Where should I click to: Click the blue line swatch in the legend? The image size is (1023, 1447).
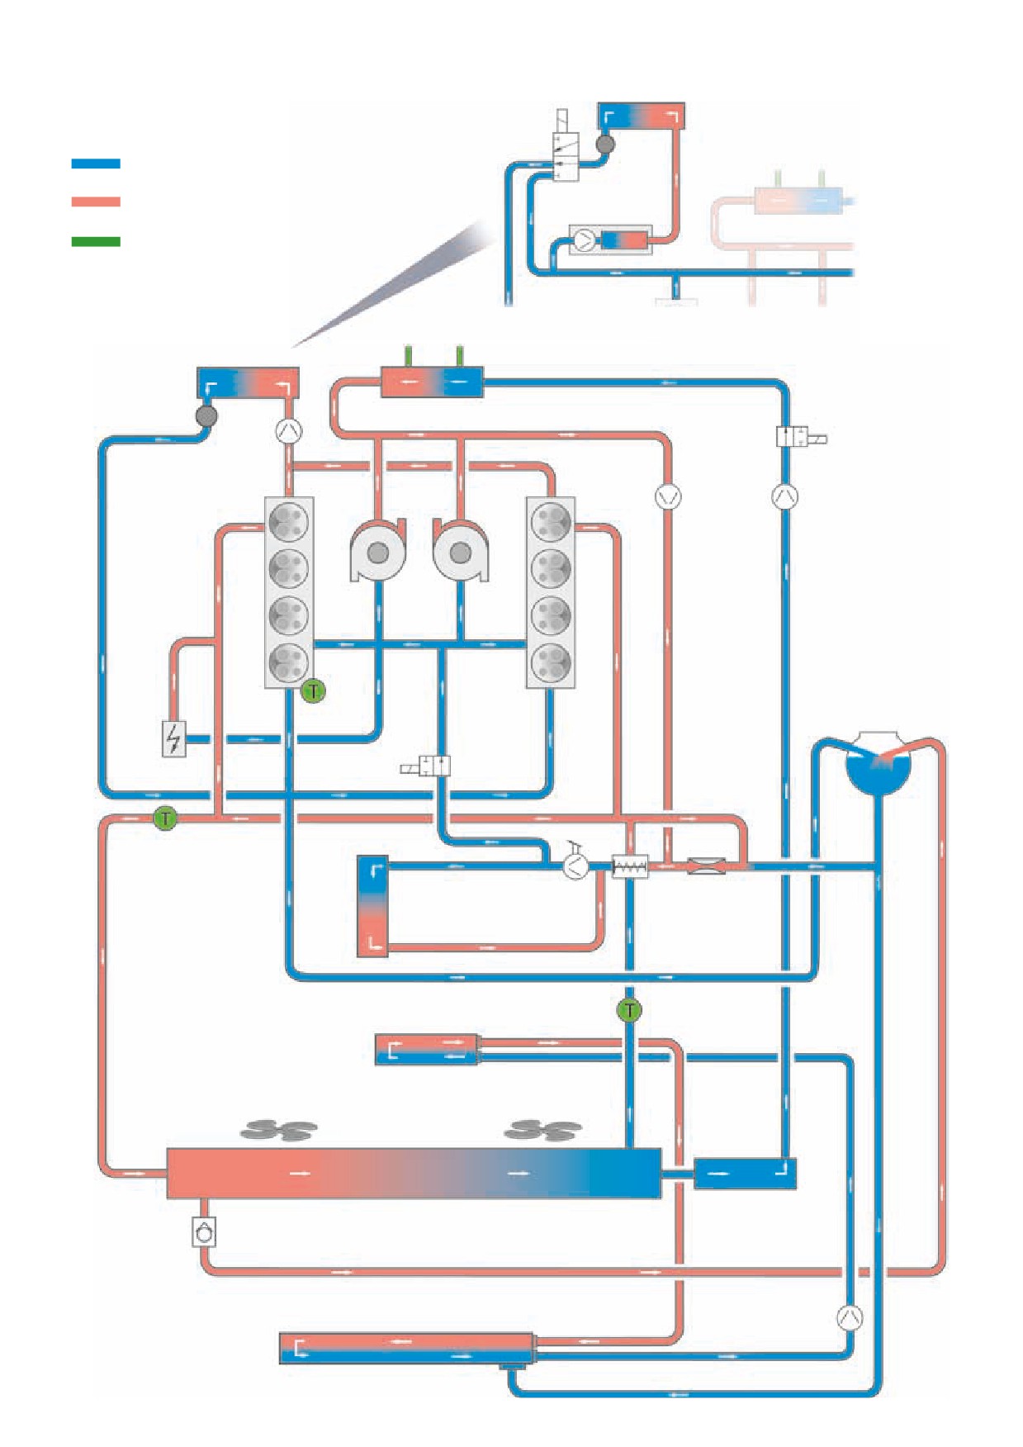pyautogui.click(x=96, y=164)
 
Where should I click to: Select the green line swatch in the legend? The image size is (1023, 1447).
pyautogui.click(x=96, y=242)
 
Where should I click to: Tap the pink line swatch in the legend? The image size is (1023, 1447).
pyautogui.click(x=96, y=202)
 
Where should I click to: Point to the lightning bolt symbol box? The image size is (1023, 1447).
pyautogui.click(x=173, y=738)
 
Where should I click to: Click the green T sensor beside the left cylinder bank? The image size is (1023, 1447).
pyautogui.click(x=313, y=690)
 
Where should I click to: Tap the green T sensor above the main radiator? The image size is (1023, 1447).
pyautogui.click(x=629, y=1010)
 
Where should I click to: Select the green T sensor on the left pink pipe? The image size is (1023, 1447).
pyautogui.click(x=165, y=818)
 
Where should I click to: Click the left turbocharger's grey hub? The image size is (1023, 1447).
pyautogui.click(x=378, y=553)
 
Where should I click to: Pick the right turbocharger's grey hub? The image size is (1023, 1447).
pyautogui.click(x=460, y=553)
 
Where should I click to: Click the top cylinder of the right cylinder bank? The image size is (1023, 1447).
pyautogui.click(x=551, y=522)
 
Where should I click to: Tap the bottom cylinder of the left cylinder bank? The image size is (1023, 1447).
pyautogui.click(x=288, y=662)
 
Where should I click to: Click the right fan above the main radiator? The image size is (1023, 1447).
pyautogui.click(x=543, y=1129)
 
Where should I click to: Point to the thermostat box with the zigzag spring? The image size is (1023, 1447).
pyautogui.click(x=630, y=866)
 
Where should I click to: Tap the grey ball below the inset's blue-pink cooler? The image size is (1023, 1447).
pyautogui.click(x=605, y=145)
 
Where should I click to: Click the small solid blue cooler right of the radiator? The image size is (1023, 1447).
pyautogui.click(x=745, y=1174)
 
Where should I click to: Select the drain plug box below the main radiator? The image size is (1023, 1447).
pyautogui.click(x=204, y=1232)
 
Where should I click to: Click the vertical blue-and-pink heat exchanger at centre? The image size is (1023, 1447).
pyautogui.click(x=372, y=907)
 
